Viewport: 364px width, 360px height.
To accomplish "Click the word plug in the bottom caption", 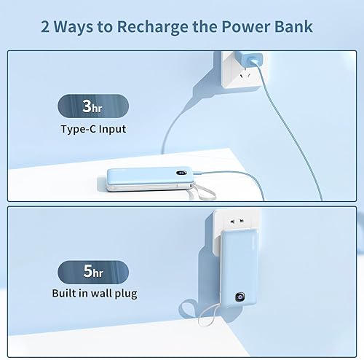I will [x=122, y=294].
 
